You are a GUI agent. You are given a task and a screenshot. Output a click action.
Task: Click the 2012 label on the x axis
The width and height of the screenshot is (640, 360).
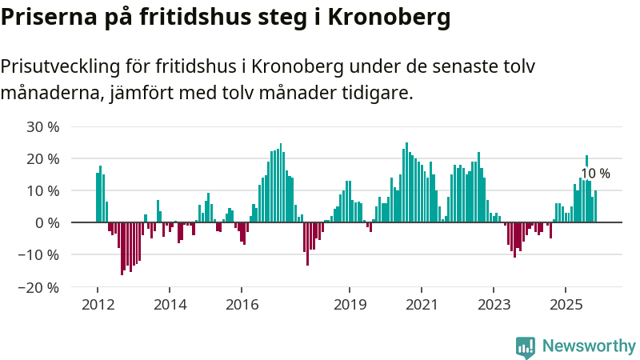(x=97, y=305)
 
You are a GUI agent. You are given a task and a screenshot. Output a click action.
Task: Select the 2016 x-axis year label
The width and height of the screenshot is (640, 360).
(x=242, y=305)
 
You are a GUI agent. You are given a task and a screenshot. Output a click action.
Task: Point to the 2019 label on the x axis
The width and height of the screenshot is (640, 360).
(x=350, y=305)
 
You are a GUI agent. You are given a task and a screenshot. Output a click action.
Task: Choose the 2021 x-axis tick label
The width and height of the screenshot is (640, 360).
(x=422, y=305)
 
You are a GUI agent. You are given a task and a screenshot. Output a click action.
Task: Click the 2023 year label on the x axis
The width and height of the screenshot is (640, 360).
(x=494, y=305)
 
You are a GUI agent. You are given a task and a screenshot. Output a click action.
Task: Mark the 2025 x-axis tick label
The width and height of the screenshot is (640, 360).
(x=566, y=305)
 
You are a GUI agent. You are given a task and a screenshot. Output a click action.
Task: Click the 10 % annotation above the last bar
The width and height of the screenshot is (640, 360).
(x=595, y=174)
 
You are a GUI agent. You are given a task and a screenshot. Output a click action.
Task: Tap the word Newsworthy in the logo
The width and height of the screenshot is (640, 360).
(x=589, y=346)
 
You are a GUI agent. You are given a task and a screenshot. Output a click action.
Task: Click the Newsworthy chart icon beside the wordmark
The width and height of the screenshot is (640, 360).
(x=526, y=346)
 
